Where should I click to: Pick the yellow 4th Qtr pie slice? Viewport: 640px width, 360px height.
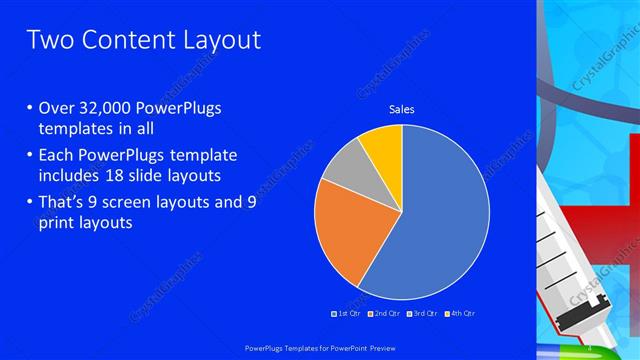383,143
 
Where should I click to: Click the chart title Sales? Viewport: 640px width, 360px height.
401,109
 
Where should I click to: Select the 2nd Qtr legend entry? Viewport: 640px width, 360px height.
384,314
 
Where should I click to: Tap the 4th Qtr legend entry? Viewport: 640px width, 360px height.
459,314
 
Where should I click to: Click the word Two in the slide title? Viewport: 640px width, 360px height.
49,40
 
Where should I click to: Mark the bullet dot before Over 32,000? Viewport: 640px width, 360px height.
28,109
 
